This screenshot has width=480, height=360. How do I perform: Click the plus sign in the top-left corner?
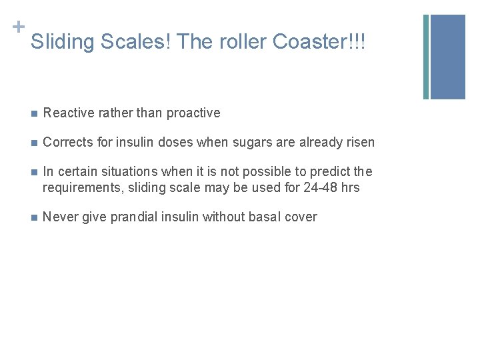pyautogui.click(x=18, y=27)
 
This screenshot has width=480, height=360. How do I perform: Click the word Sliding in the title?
pyautogui.click(x=63, y=42)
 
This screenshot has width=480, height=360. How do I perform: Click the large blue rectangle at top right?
pyautogui.click(x=448, y=57)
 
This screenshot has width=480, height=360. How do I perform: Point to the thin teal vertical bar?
pyautogui.click(x=426, y=57)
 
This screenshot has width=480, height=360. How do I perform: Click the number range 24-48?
pyautogui.click(x=320, y=187)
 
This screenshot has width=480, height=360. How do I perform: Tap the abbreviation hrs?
pyautogui.click(x=349, y=187)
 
